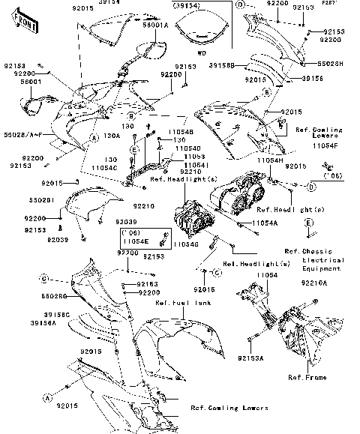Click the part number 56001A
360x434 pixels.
[x=154, y=25]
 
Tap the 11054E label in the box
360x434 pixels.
[x=136, y=241]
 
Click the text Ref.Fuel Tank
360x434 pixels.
[x=178, y=303]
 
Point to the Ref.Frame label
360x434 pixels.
[x=310, y=378]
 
